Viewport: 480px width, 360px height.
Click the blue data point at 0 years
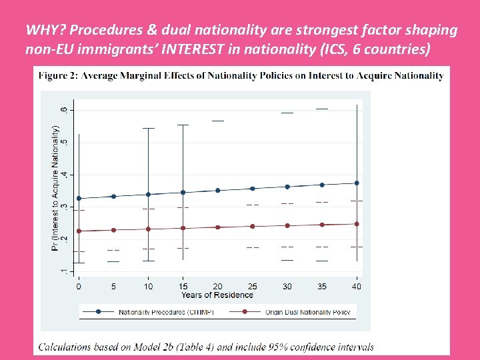point(79,198)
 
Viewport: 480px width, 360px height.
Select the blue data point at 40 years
point(357,183)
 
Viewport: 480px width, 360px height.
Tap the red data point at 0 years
point(79,231)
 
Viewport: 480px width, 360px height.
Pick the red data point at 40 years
point(357,224)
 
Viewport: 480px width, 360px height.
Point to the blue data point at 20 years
point(217,190)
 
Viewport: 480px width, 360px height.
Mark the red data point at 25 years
point(252,226)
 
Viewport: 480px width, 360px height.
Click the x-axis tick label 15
point(183,287)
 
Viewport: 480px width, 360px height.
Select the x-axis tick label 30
point(287,287)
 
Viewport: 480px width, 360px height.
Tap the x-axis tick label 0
point(79,287)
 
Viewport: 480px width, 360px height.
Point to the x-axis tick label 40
point(357,287)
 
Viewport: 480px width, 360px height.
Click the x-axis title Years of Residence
point(217,295)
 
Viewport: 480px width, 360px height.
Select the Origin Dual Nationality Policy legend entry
point(307,311)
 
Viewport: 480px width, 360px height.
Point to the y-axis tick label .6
point(63,109)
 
